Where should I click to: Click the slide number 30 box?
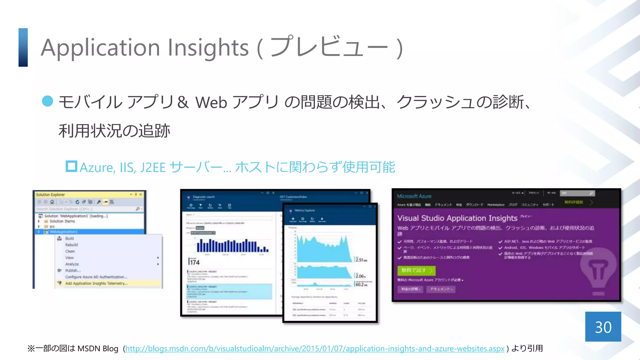pos(603,327)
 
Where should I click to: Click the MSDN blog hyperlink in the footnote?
pos(315,349)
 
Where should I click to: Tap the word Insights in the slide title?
pos(208,48)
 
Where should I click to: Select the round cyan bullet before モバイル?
pos(47,101)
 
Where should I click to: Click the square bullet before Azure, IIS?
pos(71,166)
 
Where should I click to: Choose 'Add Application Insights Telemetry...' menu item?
pos(96,283)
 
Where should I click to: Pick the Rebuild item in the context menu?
pos(72,245)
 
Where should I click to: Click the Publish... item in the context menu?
pos(73,271)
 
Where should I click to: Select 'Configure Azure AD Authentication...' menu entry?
pos(96,277)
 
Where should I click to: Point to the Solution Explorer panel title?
pos(50,195)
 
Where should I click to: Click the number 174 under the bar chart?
pos(195,262)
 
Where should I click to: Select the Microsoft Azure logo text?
pos(414,196)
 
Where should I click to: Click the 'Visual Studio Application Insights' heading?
pos(457,218)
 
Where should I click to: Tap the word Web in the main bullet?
pos(211,102)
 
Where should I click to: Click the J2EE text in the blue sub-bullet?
pos(153,167)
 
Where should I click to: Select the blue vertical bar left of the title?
pos(23,47)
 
